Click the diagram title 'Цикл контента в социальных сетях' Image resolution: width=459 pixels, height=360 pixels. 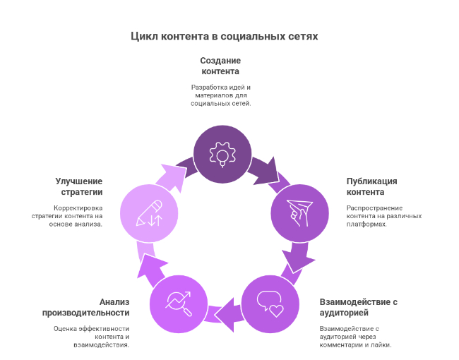[x=225, y=35]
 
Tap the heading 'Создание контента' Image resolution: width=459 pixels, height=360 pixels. [x=220, y=66]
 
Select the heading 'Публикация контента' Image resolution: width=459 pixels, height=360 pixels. [x=371, y=186]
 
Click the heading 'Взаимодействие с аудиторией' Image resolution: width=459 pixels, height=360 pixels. [x=359, y=307]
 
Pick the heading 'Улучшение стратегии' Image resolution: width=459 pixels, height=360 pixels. [x=79, y=186]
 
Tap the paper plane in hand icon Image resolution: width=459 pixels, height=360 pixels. [x=300, y=212]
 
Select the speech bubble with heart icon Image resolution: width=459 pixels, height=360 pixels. [x=270, y=303]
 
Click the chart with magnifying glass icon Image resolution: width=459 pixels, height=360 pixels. [x=178, y=303]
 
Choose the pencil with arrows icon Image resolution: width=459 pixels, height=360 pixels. [x=149, y=212]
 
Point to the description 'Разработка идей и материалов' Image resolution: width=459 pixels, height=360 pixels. [x=220, y=95]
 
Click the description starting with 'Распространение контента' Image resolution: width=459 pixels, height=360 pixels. [x=374, y=216]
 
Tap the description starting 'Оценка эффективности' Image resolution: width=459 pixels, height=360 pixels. [x=91, y=336]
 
